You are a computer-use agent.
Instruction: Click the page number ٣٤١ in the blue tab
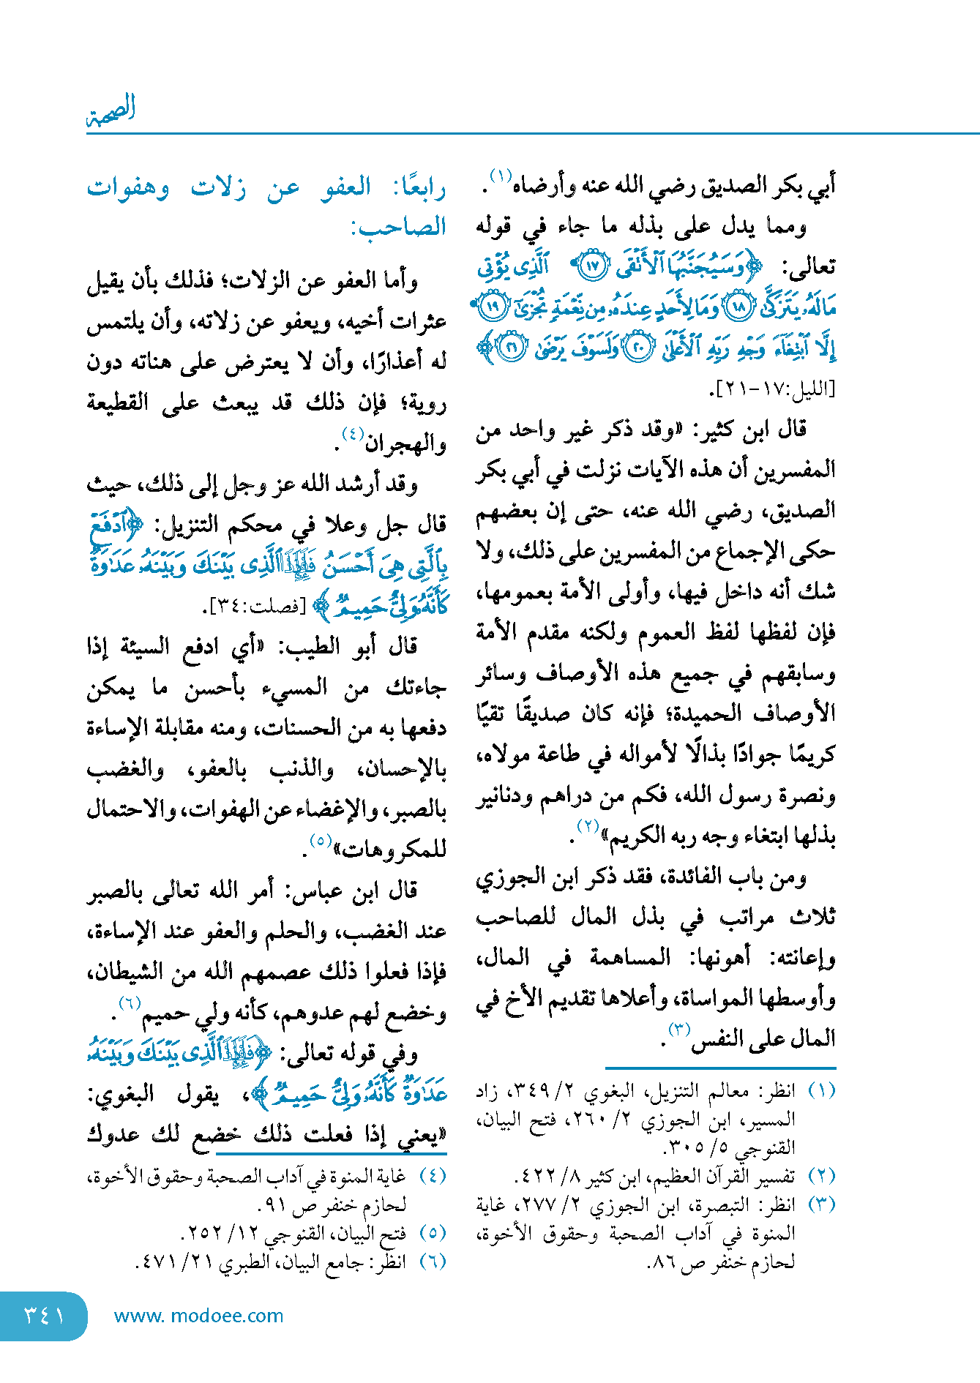[x=44, y=1315]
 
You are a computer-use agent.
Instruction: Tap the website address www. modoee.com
[x=198, y=1316]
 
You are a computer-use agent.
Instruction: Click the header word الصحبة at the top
[x=111, y=110]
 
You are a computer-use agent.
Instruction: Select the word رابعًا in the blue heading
[x=419, y=188]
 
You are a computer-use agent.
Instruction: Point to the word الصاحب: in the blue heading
[x=398, y=227]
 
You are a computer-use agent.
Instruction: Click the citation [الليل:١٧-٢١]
[x=773, y=389]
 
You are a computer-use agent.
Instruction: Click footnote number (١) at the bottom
[x=821, y=1091]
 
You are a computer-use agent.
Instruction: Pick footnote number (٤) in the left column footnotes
[x=433, y=1176]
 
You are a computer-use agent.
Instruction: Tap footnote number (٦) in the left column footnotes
[x=433, y=1261]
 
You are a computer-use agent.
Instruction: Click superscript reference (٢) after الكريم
[x=588, y=827]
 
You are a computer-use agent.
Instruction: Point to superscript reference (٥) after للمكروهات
[x=321, y=841]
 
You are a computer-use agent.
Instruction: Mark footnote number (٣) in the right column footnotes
[x=821, y=1204]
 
